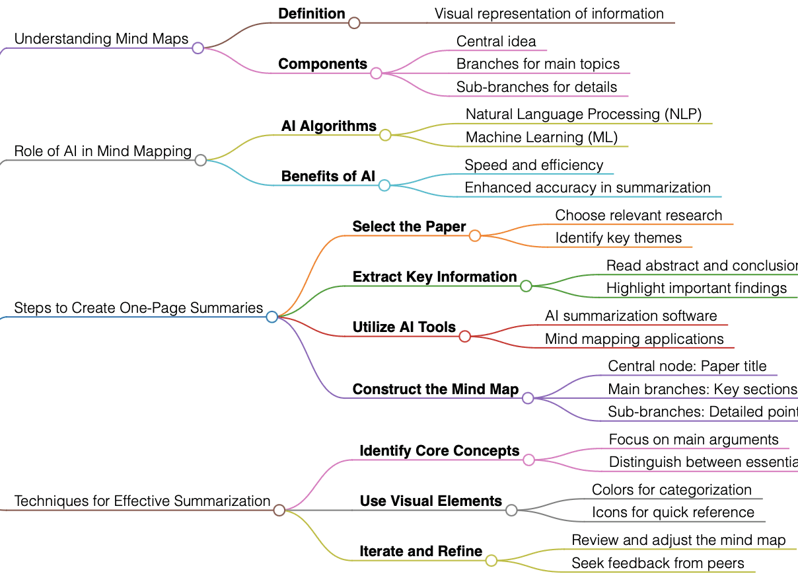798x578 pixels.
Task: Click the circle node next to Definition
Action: pyautogui.click(x=354, y=23)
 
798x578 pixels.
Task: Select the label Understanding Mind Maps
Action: pyautogui.click(x=101, y=39)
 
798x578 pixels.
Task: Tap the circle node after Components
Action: pyautogui.click(x=376, y=73)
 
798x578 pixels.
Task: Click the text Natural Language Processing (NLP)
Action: pyautogui.click(x=583, y=114)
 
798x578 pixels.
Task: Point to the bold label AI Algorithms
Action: pyautogui.click(x=328, y=126)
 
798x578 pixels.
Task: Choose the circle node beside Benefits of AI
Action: pyautogui.click(x=384, y=186)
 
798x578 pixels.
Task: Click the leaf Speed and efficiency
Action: pyautogui.click(x=534, y=165)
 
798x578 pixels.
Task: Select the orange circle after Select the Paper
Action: pyautogui.click(x=475, y=235)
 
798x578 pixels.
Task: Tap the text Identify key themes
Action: pyautogui.click(x=618, y=238)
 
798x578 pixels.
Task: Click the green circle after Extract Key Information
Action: pyautogui.click(x=526, y=286)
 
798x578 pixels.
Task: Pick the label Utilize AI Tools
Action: pyautogui.click(x=404, y=327)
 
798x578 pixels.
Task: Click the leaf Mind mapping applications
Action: pyautogui.click(x=634, y=339)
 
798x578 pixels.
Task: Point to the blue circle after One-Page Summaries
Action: pyautogui.click(x=272, y=317)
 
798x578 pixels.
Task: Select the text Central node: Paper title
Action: pyautogui.click(x=687, y=366)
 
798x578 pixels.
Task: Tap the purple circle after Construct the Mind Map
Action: pyautogui.click(x=528, y=398)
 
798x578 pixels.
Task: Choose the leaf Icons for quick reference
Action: pyautogui.click(x=672, y=513)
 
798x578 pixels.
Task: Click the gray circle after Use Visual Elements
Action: pyautogui.click(x=511, y=510)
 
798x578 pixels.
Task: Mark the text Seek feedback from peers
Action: pyautogui.click(x=657, y=563)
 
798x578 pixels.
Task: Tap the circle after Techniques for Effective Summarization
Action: pyautogui.click(x=279, y=510)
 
